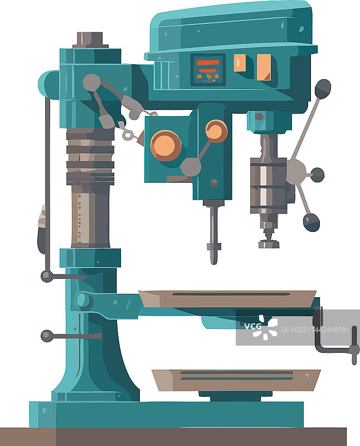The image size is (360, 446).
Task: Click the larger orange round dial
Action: coord(166,146)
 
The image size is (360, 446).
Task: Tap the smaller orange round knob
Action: coord(216,131)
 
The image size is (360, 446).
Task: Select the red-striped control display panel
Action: coord(208,70)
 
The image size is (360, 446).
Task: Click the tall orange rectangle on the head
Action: coord(264,67)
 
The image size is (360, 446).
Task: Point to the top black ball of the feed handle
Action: coord(323,89)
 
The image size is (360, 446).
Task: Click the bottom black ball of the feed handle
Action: coord(312,222)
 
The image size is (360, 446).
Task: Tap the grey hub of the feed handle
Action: coord(296,172)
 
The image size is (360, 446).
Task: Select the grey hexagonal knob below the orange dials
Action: coord(191,167)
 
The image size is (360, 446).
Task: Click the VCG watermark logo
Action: coord(260,327)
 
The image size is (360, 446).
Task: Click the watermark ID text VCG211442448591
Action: coord(315,329)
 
